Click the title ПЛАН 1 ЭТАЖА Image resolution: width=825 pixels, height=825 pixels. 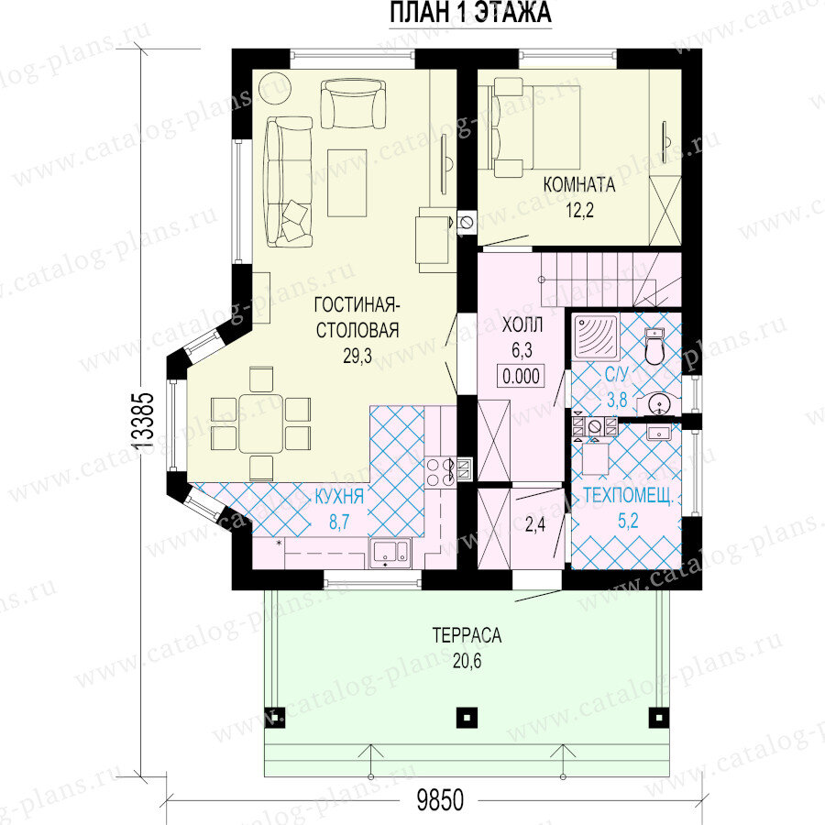pos(470,13)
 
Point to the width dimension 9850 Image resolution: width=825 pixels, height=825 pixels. pos(440,801)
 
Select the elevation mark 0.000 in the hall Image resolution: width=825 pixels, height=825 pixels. pos(521,376)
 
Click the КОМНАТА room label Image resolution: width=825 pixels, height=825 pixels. pos(579,184)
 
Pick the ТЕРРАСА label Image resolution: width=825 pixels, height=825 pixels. pos(467,635)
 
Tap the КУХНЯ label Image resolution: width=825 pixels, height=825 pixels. pos(339,496)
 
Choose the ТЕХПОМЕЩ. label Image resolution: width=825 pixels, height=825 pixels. pos(628,496)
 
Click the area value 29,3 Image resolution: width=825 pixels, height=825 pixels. pos(357,357)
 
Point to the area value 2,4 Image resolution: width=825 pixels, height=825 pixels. pos(535,525)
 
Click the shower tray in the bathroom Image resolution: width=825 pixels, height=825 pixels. pos(596,336)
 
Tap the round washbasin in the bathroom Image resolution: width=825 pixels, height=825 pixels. pos(658,404)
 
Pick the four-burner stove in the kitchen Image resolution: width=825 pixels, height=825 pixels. pos(440,472)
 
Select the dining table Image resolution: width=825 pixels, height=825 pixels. pos(261,423)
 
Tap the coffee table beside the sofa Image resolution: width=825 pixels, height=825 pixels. pos(347,182)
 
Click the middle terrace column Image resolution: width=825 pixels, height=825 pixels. pos(467,716)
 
